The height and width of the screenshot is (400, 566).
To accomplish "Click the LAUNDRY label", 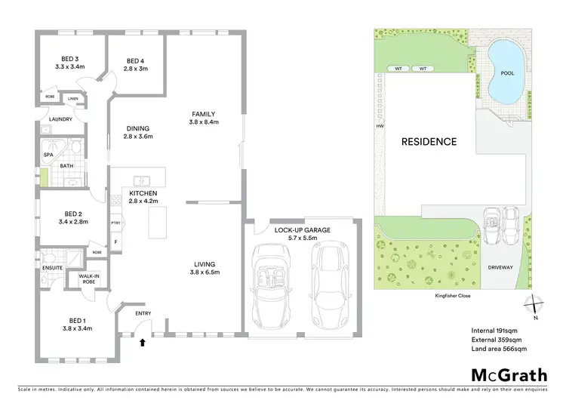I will (60, 119).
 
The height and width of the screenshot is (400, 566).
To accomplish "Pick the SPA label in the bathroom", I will (48, 155).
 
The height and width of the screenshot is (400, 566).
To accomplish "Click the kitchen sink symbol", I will (140, 180).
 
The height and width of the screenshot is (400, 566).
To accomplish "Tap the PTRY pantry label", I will (115, 223).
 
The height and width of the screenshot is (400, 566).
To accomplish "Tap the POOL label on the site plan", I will (506, 74).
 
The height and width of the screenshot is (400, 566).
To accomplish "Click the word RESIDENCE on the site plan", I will (428, 141).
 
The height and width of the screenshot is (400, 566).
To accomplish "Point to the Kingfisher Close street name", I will (453, 296).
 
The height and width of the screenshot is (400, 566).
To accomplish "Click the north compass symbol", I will (535, 304).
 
